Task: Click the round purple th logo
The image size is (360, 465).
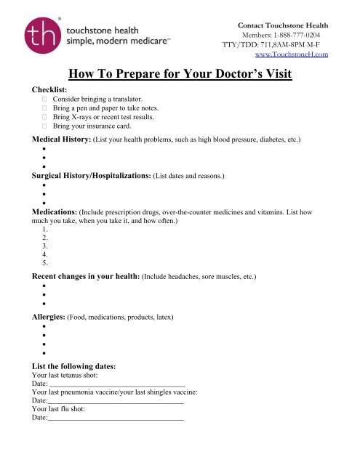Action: pyautogui.click(x=44, y=37)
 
